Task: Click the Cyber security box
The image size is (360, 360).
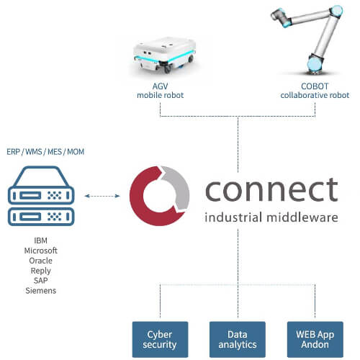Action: pyautogui.click(x=160, y=339)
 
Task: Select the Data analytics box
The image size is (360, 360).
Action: pyautogui.click(x=238, y=339)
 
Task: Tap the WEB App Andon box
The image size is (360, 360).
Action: pyautogui.click(x=315, y=339)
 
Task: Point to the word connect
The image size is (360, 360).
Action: pyautogui.click(x=271, y=189)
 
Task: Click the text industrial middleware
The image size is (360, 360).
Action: pyautogui.click(x=271, y=217)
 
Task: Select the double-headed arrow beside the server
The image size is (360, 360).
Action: pyautogui.click(x=102, y=196)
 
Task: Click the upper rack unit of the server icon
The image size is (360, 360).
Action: pyautogui.click(x=41, y=196)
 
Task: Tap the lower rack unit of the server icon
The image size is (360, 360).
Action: pyautogui.click(x=41, y=217)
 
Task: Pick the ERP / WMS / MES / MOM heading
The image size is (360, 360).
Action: pyautogui.click(x=45, y=152)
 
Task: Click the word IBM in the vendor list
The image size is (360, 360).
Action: pyautogui.click(x=40, y=240)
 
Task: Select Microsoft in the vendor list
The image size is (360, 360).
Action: pyautogui.click(x=40, y=251)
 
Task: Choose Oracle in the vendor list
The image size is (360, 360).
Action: pyautogui.click(x=40, y=261)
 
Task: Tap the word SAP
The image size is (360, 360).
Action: pyautogui.click(x=40, y=280)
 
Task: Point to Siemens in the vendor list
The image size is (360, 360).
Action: pyautogui.click(x=40, y=290)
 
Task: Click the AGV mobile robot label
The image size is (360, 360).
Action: pyautogui.click(x=160, y=91)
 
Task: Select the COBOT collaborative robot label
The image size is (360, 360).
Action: pyautogui.click(x=315, y=91)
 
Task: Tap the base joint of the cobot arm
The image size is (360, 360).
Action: pyautogui.click(x=315, y=63)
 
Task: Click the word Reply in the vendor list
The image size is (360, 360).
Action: pyautogui.click(x=40, y=271)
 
